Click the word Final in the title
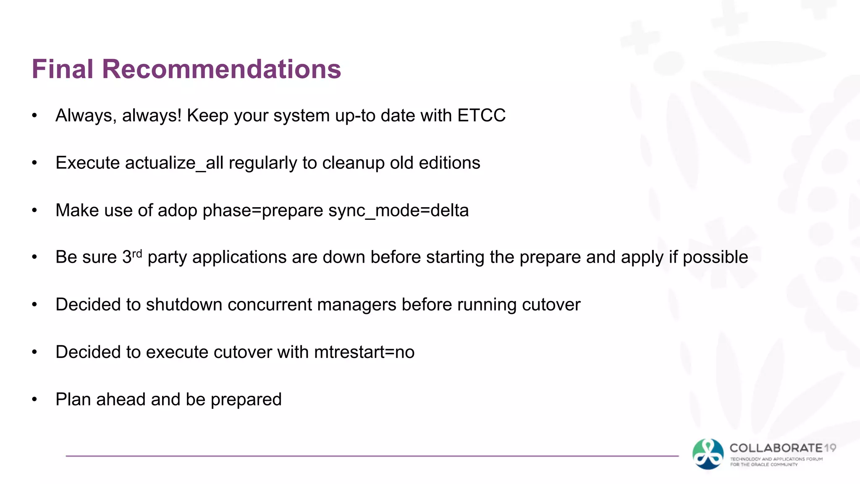(62, 69)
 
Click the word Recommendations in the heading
(221, 69)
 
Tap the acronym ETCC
(481, 116)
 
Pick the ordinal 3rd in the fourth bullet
(132, 257)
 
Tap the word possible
(715, 257)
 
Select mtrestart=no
(364, 352)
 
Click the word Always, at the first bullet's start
(86, 116)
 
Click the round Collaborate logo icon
(708, 454)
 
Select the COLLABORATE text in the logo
(776, 448)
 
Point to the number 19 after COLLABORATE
(830, 448)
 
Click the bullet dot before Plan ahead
(35, 400)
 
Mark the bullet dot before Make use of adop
(35, 210)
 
